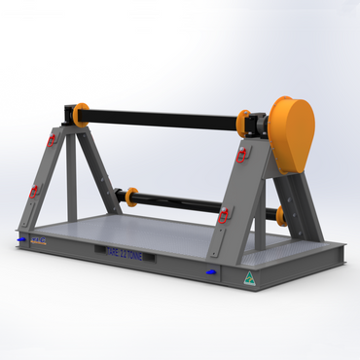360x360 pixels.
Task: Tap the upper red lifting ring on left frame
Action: pos(51,141)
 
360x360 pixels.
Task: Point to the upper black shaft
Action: pos(161,118)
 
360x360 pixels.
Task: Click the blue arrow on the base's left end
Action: pos(21,236)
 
